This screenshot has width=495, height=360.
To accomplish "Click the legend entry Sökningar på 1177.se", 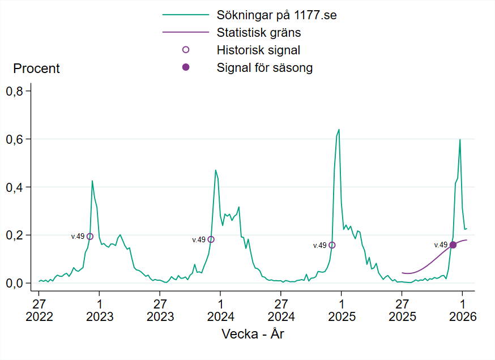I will tap(276, 15).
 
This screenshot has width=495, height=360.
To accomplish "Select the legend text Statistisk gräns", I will tap(258, 32).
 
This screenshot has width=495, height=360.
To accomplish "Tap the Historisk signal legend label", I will tap(258, 50).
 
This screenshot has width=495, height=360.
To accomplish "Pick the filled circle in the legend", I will tap(186, 67).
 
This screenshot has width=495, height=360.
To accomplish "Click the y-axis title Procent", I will tap(36, 69).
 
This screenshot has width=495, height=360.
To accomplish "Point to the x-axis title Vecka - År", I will tap(253, 334).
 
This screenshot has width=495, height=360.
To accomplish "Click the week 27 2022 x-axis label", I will tap(39, 308).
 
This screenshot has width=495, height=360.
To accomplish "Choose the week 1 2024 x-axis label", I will tap(220, 308).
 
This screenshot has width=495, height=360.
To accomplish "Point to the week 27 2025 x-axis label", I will tap(402, 308).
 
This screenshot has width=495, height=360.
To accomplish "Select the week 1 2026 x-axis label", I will tap(463, 308).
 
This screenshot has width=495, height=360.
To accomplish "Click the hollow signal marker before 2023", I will tap(90, 237).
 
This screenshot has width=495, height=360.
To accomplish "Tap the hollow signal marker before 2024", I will tap(211, 239).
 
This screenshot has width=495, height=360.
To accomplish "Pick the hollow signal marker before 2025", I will tap(332, 245).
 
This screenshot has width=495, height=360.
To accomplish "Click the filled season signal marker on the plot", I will tap(453, 245).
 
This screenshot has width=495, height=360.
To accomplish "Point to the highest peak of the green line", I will tap(339, 130).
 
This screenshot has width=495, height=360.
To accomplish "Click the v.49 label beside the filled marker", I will tap(441, 245).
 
